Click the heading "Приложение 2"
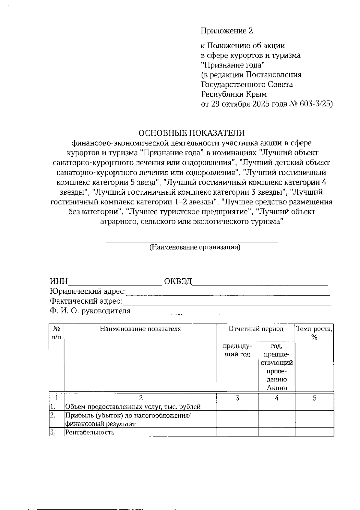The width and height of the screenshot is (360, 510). [x=227, y=31]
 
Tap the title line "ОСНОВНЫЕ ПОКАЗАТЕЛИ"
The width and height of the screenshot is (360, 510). [x=191, y=133]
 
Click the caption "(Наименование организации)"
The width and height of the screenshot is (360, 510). [x=195, y=247]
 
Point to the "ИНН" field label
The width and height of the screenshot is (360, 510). [x=59, y=282]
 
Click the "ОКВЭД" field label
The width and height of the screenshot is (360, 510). [x=178, y=282]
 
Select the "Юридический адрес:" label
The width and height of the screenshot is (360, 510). [x=88, y=291]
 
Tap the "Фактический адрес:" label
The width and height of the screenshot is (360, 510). [x=86, y=301]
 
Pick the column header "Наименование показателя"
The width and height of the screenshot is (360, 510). [x=140, y=329]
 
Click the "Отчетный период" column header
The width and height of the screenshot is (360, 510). [x=256, y=329]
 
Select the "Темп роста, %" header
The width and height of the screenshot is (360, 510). [x=314, y=333]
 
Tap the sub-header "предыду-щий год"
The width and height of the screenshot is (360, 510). [x=237, y=350]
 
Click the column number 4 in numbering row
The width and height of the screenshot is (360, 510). [x=276, y=398]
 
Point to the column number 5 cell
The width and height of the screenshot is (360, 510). [x=314, y=398]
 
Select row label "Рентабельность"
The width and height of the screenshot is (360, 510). [x=90, y=432]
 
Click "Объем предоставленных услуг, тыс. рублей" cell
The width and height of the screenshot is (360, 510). [x=133, y=407]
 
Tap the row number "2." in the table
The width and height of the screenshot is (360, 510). [x=53, y=415]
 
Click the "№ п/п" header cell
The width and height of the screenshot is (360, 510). [x=56, y=333]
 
